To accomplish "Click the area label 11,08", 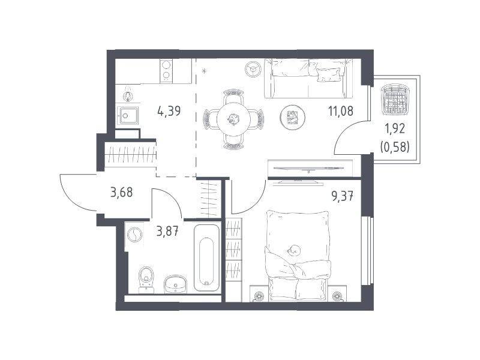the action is tap(341, 111).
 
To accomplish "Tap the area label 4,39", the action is tap(169, 111).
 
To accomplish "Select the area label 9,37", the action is tap(343, 196).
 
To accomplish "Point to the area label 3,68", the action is tap(122, 193).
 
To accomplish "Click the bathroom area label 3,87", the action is tap(167, 232).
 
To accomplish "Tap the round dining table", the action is tap(233, 119).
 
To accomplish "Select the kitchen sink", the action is tap(128, 115).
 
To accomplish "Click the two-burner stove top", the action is tap(166, 71).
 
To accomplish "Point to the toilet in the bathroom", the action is tap(146, 279).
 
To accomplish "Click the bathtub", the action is tap(206, 259).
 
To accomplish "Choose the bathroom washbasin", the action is tap(175, 284).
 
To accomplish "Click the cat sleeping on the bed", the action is tap(294, 250).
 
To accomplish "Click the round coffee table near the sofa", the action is tap(293, 117).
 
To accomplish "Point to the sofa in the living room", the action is tap(308, 79).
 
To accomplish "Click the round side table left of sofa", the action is tap(253, 68).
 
